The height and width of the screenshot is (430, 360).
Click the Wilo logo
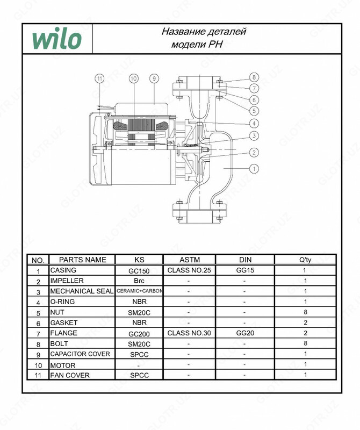point(56,39)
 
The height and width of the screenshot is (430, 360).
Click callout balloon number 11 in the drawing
point(99,78)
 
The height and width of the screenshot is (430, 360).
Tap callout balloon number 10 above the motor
point(133,78)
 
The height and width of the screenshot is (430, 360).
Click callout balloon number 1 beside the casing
point(254,168)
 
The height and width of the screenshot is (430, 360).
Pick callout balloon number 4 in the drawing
point(254,123)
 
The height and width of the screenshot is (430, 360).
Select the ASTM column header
point(189,260)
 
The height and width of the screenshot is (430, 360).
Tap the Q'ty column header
point(305,260)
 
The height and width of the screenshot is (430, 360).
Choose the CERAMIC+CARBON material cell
point(140,291)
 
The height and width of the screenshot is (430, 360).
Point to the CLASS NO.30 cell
point(189,333)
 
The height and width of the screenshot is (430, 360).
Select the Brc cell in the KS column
point(140,281)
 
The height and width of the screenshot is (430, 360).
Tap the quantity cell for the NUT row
point(305,312)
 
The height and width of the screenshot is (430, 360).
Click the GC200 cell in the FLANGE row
point(140,333)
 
